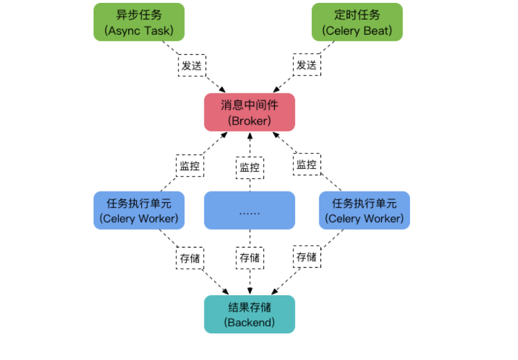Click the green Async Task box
point(139,22)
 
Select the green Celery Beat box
point(357,22)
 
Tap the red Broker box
point(249,112)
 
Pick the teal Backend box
point(249,314)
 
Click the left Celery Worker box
point(139,211)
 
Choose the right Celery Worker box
point(364,211)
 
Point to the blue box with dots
point(249,211)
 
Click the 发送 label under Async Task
point(192,65)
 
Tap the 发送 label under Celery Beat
point(307,65)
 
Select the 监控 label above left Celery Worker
point(189,166)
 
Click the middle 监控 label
point(249,168)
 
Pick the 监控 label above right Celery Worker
point(307,165)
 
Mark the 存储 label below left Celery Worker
point(189,258)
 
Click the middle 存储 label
point(249,258)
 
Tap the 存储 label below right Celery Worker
point(307,257)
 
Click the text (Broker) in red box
point(249,121)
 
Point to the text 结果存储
point(249,306)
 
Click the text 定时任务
point(357,14)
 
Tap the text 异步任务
point(139,14)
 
